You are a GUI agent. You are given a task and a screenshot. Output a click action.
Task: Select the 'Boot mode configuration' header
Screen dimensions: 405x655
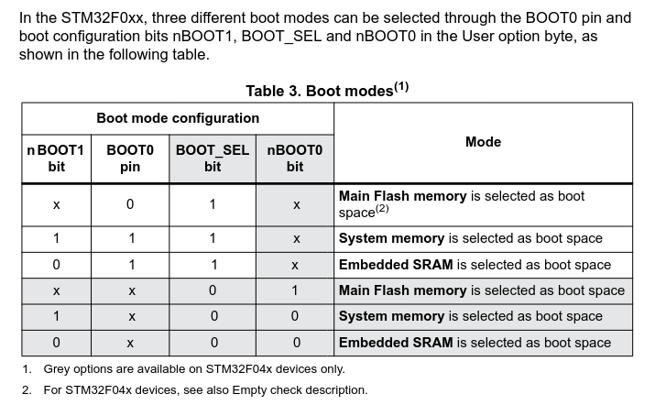(178, 118)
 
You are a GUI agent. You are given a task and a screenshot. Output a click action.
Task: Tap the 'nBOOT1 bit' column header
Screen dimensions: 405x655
(56, 158)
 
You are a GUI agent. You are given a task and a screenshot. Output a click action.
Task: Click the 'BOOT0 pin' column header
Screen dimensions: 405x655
(130, 158)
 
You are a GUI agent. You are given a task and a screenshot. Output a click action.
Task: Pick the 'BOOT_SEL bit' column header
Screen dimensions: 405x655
(213, 158)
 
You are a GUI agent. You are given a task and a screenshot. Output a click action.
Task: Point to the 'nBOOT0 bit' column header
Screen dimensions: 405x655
(295, 158)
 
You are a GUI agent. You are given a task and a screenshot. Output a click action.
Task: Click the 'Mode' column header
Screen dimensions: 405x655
(483, 142)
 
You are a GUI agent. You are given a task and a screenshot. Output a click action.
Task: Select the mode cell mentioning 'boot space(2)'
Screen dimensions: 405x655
(462, 204)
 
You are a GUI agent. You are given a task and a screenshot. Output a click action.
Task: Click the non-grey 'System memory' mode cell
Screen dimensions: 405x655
(471, 238)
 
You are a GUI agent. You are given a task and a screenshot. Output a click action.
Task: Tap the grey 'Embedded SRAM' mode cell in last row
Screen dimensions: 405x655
(475, 343)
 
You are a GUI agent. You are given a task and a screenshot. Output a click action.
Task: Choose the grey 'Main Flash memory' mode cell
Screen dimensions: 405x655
(482, 290)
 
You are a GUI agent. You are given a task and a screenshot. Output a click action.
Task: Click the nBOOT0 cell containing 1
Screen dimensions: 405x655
(296, 290)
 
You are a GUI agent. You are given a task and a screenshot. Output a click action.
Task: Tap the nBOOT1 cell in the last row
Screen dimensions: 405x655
(56, 343)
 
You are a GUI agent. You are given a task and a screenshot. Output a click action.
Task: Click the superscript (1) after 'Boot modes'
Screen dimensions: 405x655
(401, 87)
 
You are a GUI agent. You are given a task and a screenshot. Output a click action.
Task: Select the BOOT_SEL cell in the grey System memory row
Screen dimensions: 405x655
(213, 316)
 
